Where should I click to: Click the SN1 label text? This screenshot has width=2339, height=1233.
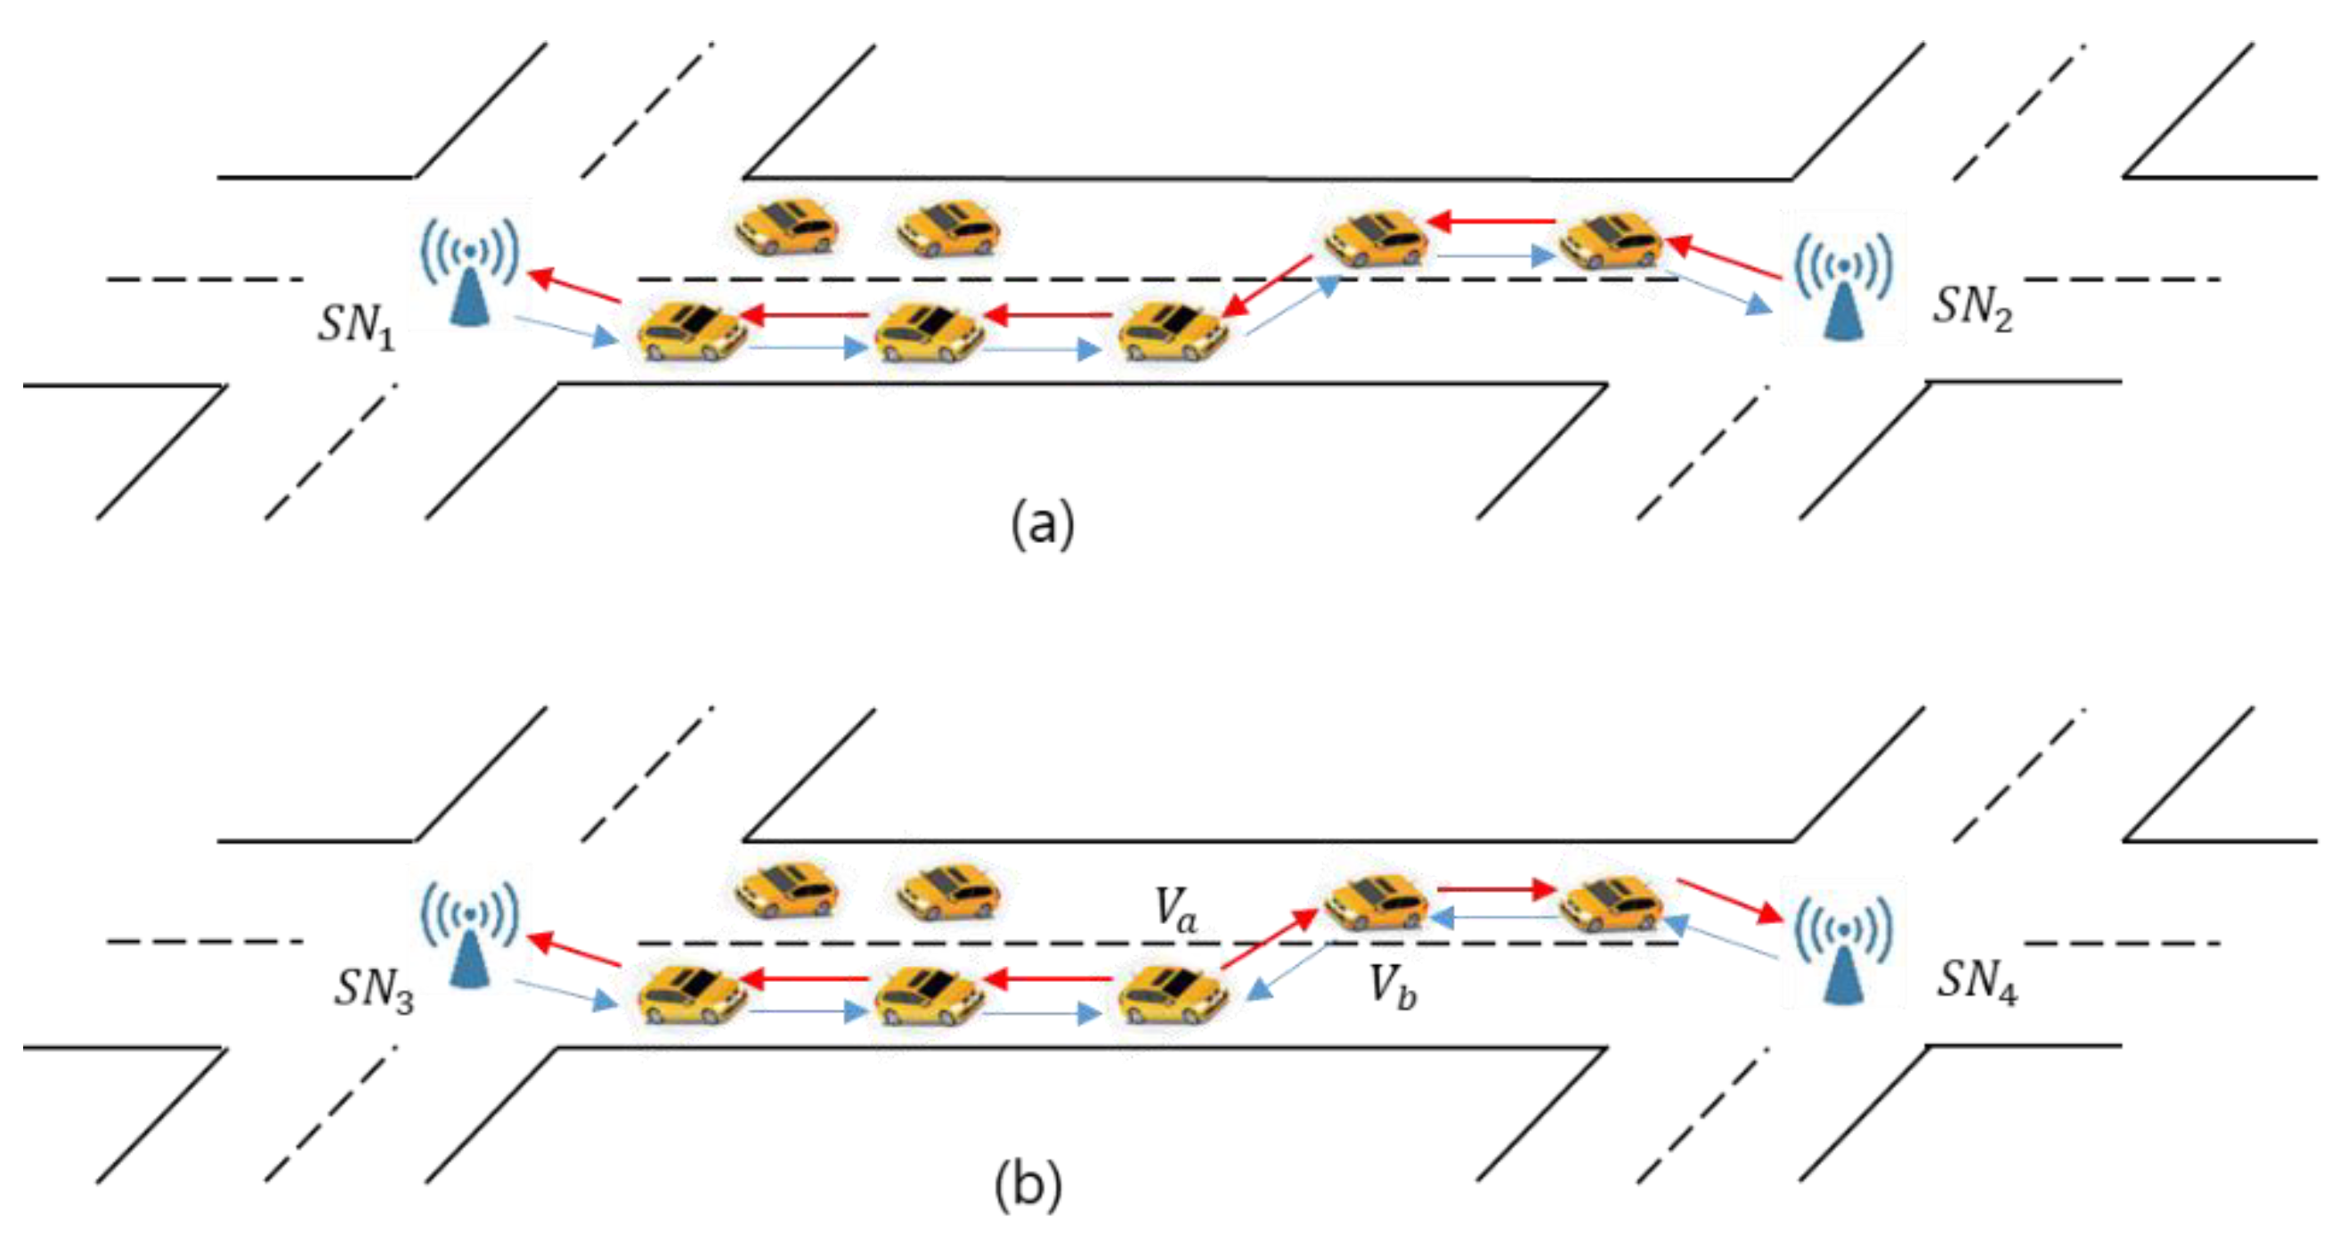click(356, 325)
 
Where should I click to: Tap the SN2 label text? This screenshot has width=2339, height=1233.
click(1972, 309)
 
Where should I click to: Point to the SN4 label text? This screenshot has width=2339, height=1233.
click(1978, 981)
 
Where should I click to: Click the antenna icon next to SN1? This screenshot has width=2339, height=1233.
click(470, 272)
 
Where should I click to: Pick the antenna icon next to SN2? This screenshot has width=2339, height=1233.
click(1843, 286)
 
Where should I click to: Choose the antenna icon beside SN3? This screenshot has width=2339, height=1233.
click(470, 935)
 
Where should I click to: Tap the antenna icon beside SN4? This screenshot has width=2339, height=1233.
click(1843, 950)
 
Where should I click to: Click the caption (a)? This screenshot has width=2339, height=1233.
click(1043, 523)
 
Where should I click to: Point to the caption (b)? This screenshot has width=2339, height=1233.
click(1027, 1186)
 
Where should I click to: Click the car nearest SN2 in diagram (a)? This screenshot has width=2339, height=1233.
click(1611, 240)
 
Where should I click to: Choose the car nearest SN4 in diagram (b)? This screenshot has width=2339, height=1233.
click(1611, 903)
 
